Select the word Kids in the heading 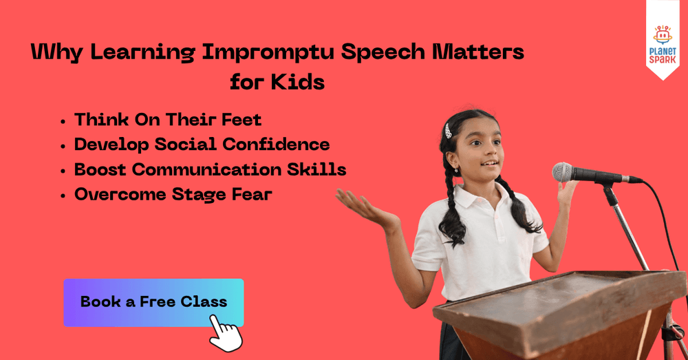click(x=297, y=82)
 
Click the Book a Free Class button click(x=153, y=302)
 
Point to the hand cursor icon click(x=225, y=334)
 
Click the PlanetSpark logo click(x=663, y=45)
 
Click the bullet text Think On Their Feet click(x=168, y=120)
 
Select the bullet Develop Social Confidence click(x=202, y=145)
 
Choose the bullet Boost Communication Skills click(x=210, y=169)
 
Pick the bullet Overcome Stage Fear click(x=173, y=195)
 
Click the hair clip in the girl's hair click(x=449, y=129)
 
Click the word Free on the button click(x=158, y=302)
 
